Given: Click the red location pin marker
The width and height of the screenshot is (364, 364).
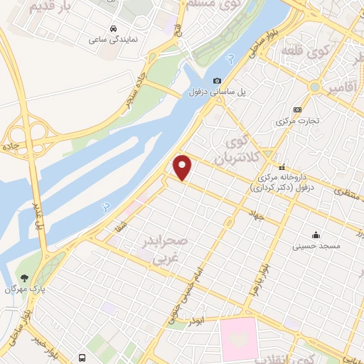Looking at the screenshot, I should tap(183, 167).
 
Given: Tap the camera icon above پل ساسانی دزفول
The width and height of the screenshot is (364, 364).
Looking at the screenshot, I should tap(217, 80).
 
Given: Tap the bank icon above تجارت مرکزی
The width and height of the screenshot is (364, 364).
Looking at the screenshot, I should tap(297, 109).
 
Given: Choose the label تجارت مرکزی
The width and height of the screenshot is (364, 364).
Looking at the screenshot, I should tap(297, 122).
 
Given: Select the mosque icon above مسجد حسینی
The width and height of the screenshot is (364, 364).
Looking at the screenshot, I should tap(315, 235).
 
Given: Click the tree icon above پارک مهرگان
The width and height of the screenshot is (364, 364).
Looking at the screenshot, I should tap(25, 278).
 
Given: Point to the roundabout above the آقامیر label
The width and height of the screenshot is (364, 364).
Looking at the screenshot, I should tap(314, 86).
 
